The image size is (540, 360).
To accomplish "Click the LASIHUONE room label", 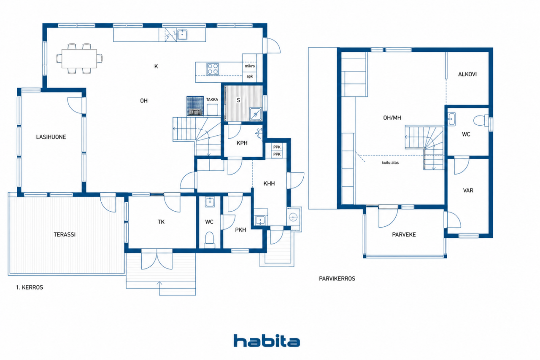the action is (x=51, y=137).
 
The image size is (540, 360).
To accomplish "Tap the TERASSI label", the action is (x=65, y=234).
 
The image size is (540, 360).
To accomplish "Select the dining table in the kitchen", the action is (x=79, y=59).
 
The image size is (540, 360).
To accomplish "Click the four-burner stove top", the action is (x=213, y=69).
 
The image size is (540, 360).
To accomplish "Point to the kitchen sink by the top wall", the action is (x=182, y=35).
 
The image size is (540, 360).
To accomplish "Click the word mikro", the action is (x=250, y=66).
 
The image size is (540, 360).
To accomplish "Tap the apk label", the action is (x=249, y=76).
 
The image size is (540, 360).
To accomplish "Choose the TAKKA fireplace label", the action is (x=212, y=99).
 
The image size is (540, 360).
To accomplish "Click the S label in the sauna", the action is (x=238, y=100).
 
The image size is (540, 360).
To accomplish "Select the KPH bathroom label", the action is (x=242, y=143).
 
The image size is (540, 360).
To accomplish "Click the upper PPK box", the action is (x=277, y=147).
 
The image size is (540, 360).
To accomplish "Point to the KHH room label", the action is (x=269, y=184).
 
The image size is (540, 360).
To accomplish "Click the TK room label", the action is (x=161, y=222).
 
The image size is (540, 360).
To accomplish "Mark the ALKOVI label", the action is (x=467, y=74).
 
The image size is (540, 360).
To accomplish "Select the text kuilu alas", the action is (x=390, y=163).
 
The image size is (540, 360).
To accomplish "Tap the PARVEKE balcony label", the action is (x=404, y=234).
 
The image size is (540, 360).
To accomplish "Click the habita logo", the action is (x=267, y=341).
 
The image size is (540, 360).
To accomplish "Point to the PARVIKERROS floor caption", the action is (x=337, y=279).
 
